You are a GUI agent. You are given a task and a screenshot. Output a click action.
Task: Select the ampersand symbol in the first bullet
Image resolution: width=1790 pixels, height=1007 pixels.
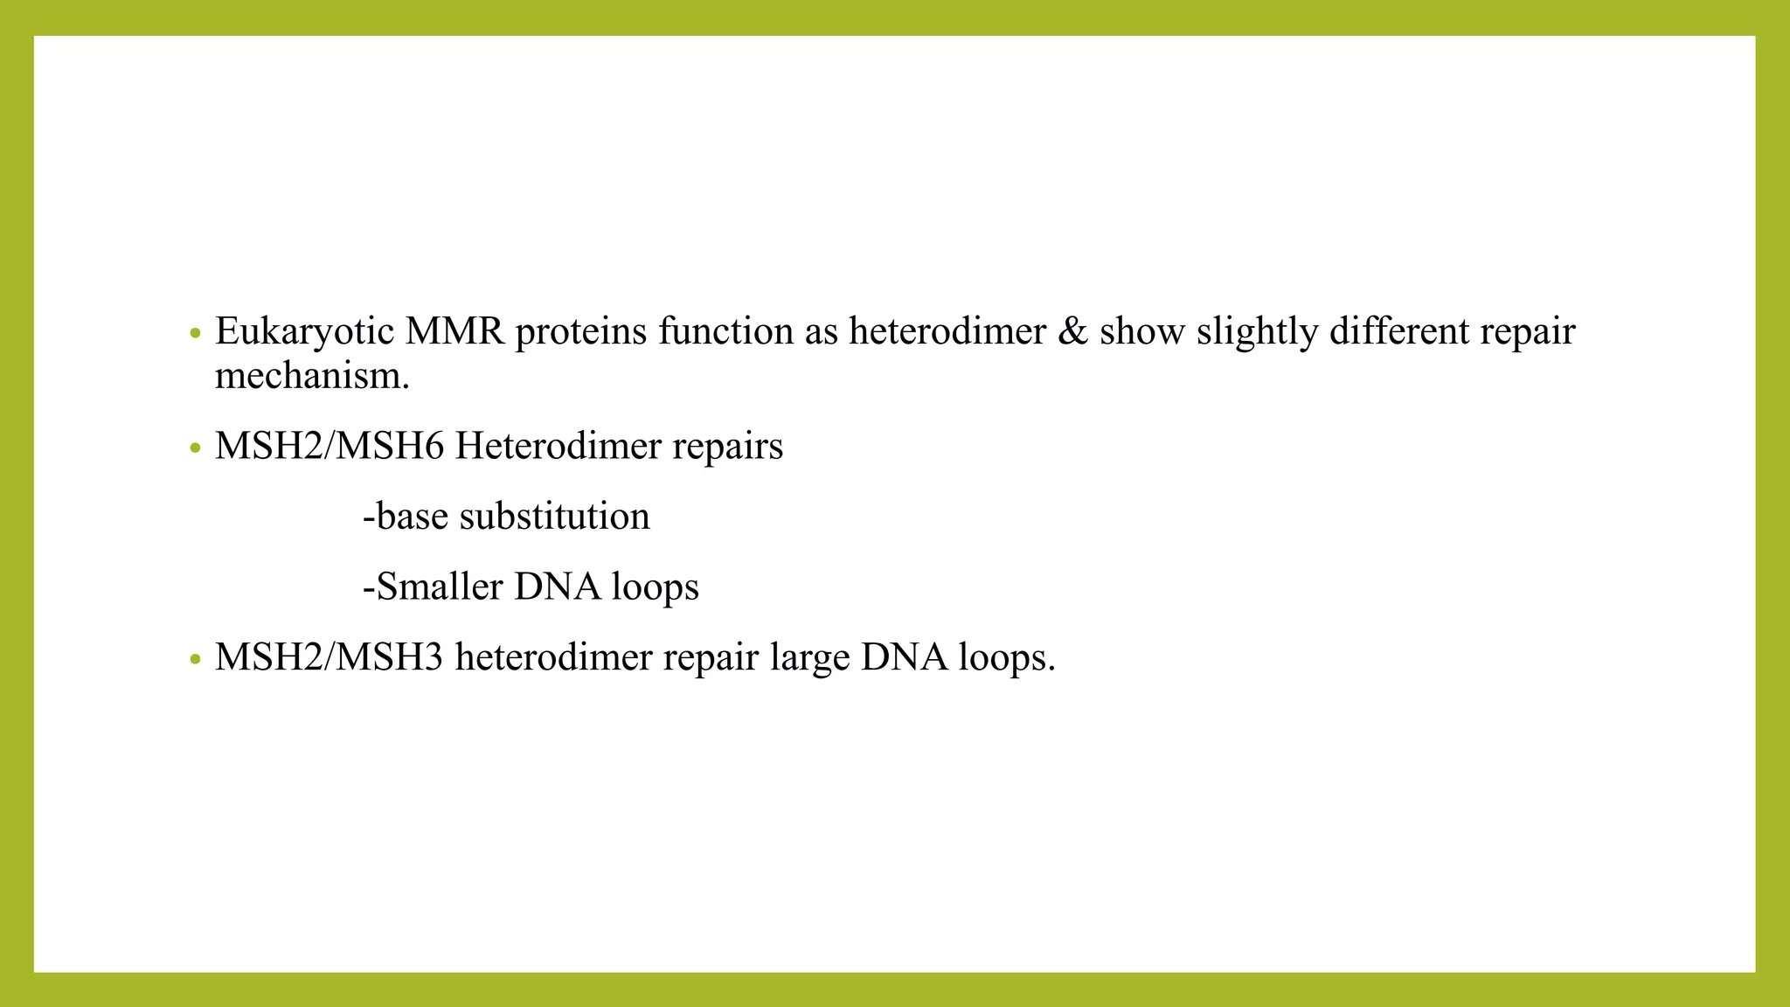pyautogui.click(x=1072, y=332)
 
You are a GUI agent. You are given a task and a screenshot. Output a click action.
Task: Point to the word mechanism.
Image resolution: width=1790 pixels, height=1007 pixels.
pyautogui.click(x=312, y=377)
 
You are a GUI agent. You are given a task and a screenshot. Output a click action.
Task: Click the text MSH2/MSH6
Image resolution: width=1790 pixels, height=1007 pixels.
pyautogui.click(x=330, y=447)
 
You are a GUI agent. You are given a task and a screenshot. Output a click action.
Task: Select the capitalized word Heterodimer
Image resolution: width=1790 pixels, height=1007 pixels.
pyautogui.click(x=558, y=447)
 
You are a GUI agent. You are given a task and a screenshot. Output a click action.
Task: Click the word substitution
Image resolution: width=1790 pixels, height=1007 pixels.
pyautogui.click(x=554, y=517)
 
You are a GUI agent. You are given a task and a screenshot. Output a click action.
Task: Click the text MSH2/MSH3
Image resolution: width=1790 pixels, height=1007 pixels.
pyautogui.click(x=330, y=657)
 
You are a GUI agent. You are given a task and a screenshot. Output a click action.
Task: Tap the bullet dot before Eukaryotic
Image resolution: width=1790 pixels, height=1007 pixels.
pyautogui.click(x=196, y=334)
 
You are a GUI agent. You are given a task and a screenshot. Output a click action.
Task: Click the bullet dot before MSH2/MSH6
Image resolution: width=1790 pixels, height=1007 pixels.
pyautogui.click(x=196, y=449)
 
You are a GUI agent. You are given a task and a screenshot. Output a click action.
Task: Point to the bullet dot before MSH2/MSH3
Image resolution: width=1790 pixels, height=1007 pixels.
pyautogui.click(x=196, y=659)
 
